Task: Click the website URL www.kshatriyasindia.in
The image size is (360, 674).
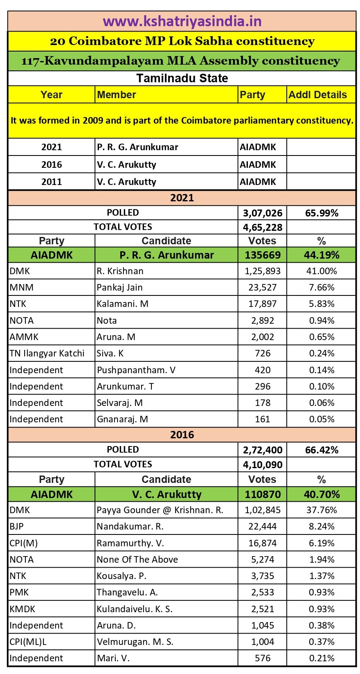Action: (182, 21)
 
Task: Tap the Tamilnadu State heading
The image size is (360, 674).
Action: (182, 78)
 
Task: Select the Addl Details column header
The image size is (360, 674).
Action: (317, 95)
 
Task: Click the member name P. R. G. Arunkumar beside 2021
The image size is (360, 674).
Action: (137, 147)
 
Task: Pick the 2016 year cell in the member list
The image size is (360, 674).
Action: (52, 165)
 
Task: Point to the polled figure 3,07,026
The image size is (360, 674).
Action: (262, 213)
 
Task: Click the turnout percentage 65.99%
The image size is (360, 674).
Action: (322, 213)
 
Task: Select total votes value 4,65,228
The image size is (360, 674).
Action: (262, 227)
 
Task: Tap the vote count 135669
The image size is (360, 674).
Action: (263, 255)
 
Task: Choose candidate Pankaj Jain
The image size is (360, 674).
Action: (119, 287)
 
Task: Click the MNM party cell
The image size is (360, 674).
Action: (21, 287)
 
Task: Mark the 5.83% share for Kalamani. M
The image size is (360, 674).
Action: (322, 304)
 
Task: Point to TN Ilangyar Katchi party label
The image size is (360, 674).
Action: (47, 353)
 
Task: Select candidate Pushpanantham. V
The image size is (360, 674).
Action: (136, 370)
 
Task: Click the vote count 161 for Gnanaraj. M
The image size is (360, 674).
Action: (263, 419)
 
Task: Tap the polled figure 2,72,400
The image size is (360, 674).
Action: (262, 450)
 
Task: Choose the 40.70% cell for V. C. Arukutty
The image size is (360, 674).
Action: (322, 494)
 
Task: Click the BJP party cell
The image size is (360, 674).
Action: (17, 526)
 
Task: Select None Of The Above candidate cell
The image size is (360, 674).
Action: (137, 559)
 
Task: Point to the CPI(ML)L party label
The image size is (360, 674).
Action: (28, 642)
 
